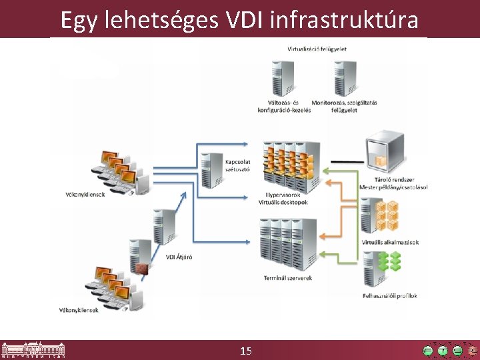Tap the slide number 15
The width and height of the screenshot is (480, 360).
point(245,351)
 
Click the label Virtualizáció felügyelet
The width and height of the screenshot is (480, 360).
point(317,49)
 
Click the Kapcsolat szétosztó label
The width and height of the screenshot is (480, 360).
point(237,165)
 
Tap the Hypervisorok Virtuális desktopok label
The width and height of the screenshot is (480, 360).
point(283,199)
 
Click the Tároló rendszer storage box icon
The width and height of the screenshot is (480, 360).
point(384,152)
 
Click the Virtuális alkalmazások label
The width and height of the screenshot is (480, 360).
point(390,242)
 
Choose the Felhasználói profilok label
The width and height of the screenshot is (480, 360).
point(390,296)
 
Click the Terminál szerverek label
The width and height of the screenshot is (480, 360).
point(287,278)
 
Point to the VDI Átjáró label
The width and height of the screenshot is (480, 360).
point(179,257)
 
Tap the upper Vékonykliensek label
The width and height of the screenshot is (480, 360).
point(85,195)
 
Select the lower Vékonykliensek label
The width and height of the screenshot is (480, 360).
point(79,310)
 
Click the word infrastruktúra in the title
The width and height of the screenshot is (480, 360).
point(345,20)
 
